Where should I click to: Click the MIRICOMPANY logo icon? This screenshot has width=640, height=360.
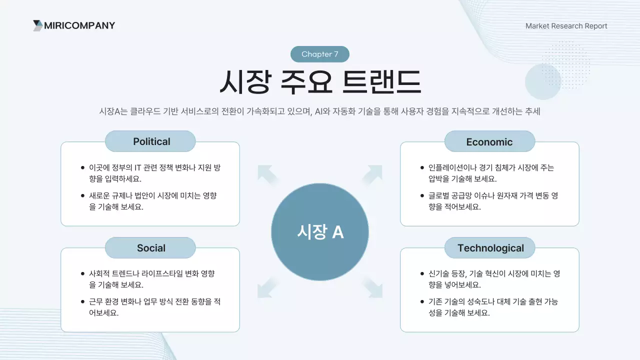tap(38, 25)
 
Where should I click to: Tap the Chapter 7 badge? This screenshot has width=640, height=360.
tap(320, 54)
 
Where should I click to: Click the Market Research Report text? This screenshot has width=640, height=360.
tap(566, 26)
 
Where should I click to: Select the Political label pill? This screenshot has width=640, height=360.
tap(150, 141)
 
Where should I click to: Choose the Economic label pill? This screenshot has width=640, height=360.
tap(489, 142)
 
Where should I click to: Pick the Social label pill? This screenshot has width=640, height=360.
tap(150, 248)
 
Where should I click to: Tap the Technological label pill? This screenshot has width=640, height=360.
tap(490, 248)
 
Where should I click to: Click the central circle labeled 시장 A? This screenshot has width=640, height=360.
tap(320, 232)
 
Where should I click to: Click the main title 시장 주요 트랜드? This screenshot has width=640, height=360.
tap(320, 82)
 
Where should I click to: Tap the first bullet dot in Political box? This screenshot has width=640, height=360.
tap(82, 168)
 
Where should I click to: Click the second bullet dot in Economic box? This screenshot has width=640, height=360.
tap(422, 196)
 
